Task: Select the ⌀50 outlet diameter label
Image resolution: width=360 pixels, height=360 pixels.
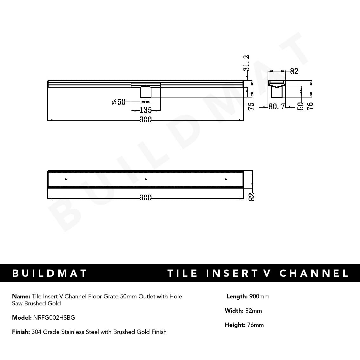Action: click(x=119, y=102)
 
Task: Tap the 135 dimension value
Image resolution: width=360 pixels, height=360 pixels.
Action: click(x=146, y=110)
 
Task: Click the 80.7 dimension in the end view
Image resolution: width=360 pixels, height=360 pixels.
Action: click(x=277, y=107)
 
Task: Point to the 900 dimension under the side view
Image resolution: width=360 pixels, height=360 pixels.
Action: click(x=145, y=120)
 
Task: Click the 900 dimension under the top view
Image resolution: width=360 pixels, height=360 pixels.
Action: click(x=145, y=198)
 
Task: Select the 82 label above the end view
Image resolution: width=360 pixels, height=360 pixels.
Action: click(x=294, y=71)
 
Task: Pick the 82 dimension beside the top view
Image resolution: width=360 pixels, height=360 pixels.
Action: click(x=251, y=197)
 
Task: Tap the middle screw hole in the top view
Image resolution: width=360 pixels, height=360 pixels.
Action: click(x=145, y=180)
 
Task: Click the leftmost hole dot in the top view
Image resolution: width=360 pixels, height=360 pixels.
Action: click(x=66, y=180)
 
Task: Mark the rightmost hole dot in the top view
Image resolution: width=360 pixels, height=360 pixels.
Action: click(x=226, y=180)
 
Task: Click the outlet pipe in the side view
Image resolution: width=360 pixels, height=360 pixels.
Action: click(x=146, y=92)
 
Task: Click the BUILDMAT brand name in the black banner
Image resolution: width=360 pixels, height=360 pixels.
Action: click(x=50, y=273)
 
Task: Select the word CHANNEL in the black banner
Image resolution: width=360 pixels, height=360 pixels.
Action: click(x=314, y=273)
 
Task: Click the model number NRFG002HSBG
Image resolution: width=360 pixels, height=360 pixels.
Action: click(x=54, y=317)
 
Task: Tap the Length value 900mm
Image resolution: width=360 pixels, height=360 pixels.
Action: click(x=259, y=297)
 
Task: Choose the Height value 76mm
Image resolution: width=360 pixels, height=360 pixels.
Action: click(x=255, y=325)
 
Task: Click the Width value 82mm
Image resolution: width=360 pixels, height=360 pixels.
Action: click(x=253, y=311)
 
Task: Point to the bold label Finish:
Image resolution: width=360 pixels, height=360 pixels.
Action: click(x=21, y=332)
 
